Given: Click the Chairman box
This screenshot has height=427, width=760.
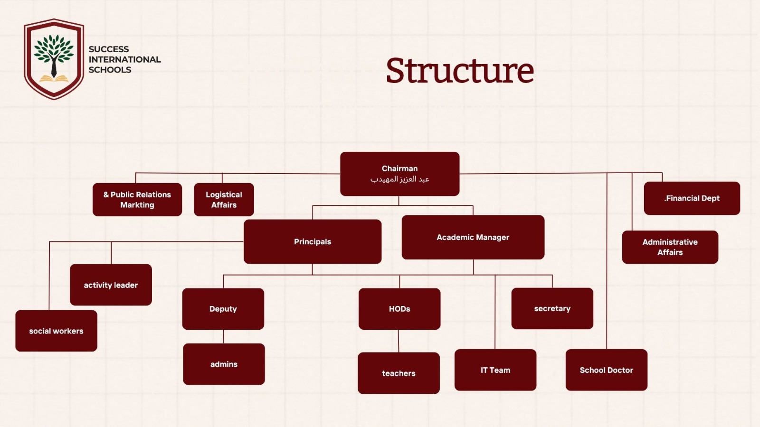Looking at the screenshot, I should pos(399,174).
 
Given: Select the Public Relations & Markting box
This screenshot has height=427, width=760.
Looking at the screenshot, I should pos(137,200).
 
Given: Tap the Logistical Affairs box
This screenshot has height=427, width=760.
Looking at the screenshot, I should pos(224,200).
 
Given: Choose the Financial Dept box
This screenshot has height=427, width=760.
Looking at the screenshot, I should pos(692,198).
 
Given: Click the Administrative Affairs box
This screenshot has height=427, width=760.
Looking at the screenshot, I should pos(670,247).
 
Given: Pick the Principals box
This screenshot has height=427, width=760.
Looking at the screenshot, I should pos(313,241).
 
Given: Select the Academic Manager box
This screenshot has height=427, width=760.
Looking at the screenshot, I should pos(473,237).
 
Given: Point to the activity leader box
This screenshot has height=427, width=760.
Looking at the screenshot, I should pos(111,285).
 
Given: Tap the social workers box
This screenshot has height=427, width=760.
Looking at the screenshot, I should pos(56,331).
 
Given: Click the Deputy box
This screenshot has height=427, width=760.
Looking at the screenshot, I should pos(223,309).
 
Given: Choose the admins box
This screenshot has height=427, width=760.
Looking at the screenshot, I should pos(224,364).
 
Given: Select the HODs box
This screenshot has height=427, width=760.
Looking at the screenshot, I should pos(399,309).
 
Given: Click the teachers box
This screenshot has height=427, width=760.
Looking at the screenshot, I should pos(399,373).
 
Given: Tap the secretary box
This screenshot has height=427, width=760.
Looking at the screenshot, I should pos(552,308).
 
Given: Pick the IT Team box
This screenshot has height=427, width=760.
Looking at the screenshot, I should pos(495,370).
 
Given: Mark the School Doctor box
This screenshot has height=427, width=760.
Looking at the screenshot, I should pos(606,370).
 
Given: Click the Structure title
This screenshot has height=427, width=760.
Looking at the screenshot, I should pos(460,71).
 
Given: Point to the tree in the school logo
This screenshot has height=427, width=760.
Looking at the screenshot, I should pos(54,52).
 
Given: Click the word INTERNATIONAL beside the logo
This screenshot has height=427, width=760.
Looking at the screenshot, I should pos(124,59).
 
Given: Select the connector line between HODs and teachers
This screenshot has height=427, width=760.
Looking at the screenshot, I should pos(399,341).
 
